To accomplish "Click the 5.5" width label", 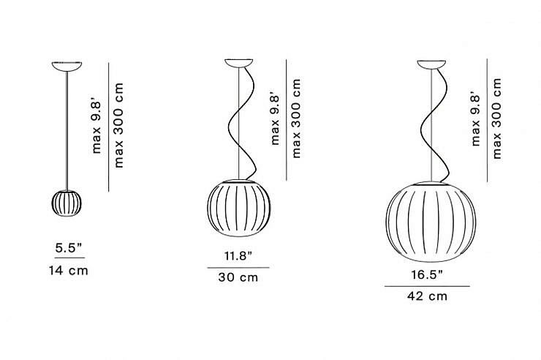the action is [x=69, y=248].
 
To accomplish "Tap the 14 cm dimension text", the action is [x=68, y=271].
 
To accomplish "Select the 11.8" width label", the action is [x=238, y=256].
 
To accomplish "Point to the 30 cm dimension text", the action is [x=238, y=277].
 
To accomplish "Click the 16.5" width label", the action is [x=427, y=274].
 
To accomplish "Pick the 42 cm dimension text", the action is [x=427, y=296].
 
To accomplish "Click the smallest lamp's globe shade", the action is [x=67, y=203].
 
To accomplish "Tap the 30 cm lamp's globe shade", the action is [x=239, y=208].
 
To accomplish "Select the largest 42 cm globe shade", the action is [x=431, y=222].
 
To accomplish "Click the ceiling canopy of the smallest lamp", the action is [x=67, y=67].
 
